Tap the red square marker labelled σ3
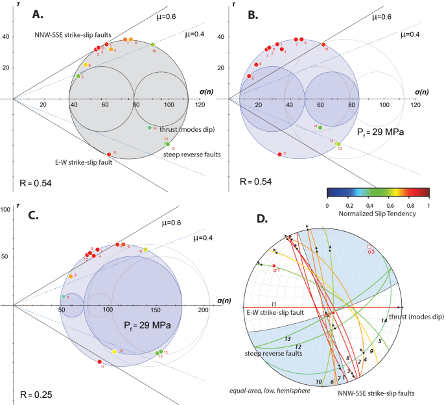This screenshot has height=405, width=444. [x=370, y=247]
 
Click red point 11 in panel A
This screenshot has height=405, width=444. [x=108, y=154]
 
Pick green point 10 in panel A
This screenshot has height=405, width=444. [x=153, y=45]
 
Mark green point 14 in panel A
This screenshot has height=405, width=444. [x=149, y=128]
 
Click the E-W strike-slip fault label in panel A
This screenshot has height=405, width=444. [x=83, y=162]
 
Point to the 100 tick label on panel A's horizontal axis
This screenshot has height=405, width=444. [x=167, y=105]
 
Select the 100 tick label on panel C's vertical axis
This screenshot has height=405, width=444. [x=6, y=209]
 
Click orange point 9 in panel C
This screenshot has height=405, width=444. [x=71, y=276]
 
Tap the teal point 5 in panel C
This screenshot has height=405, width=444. [x=64, y=297]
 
